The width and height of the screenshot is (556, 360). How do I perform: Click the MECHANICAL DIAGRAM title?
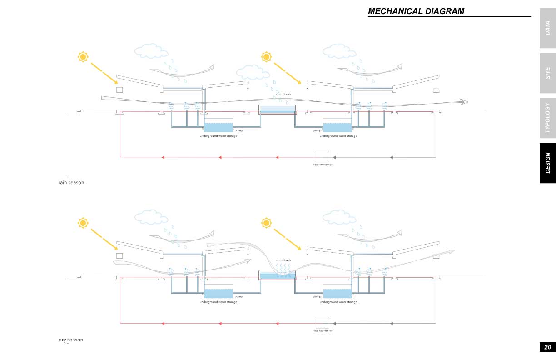(x=416, y=11)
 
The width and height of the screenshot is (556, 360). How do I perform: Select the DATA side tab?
(x=547, y=28)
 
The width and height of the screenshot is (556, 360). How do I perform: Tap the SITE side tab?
(x=547, y=73)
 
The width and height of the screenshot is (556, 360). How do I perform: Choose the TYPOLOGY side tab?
(x=547, y=118)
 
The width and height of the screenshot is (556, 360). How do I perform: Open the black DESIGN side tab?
(x=547, y=163)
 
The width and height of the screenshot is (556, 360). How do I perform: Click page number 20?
(x=547, y=347)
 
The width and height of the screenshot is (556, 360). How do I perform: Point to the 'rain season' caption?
(x=71, y=183)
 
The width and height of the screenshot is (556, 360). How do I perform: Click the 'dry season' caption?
(x=71, y=340)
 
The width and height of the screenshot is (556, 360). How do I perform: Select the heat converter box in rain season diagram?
(x=323, y=156)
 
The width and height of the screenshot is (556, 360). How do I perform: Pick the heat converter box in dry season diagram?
(x=323, y=322)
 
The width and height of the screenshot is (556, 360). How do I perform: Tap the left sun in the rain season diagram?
(x=83, y=57)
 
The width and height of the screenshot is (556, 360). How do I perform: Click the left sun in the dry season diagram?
(x=83, y=223)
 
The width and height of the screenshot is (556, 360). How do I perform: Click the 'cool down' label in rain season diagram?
(x=283, y=94)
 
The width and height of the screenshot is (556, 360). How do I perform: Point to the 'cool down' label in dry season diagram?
(x=283, y=260)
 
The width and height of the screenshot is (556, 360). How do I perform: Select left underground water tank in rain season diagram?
(x=218, y=125)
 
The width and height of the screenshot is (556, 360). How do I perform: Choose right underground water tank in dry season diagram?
(x=338, y=291)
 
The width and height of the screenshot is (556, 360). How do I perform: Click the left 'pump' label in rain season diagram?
(x=239, y=130)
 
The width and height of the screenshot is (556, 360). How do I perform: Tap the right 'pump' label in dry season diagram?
(x=317, y=296)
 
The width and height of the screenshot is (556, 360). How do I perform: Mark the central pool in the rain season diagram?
(x=278, y=109)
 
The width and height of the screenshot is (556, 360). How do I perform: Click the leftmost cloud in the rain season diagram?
(x=151, y=51)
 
